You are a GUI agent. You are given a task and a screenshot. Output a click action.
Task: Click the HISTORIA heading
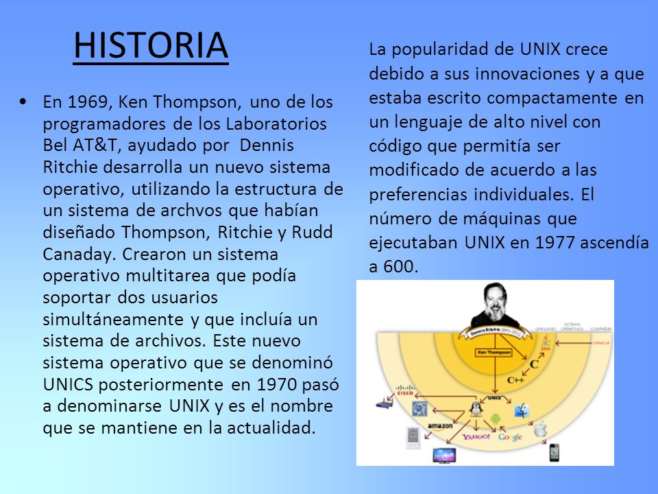coord(151,45)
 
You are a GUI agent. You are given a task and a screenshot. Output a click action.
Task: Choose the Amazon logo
coord(441,426)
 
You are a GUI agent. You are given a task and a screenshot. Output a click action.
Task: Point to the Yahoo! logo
coord(476,436)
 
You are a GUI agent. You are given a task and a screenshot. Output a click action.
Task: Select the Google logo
coord(511,437)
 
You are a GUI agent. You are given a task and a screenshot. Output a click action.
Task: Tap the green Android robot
coord(496,416)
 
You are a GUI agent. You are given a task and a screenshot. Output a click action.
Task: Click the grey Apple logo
coord(541,430)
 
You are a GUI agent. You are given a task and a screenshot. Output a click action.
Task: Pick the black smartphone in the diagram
coord(554,452)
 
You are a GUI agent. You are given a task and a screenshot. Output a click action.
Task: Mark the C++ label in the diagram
coord(516,379)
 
